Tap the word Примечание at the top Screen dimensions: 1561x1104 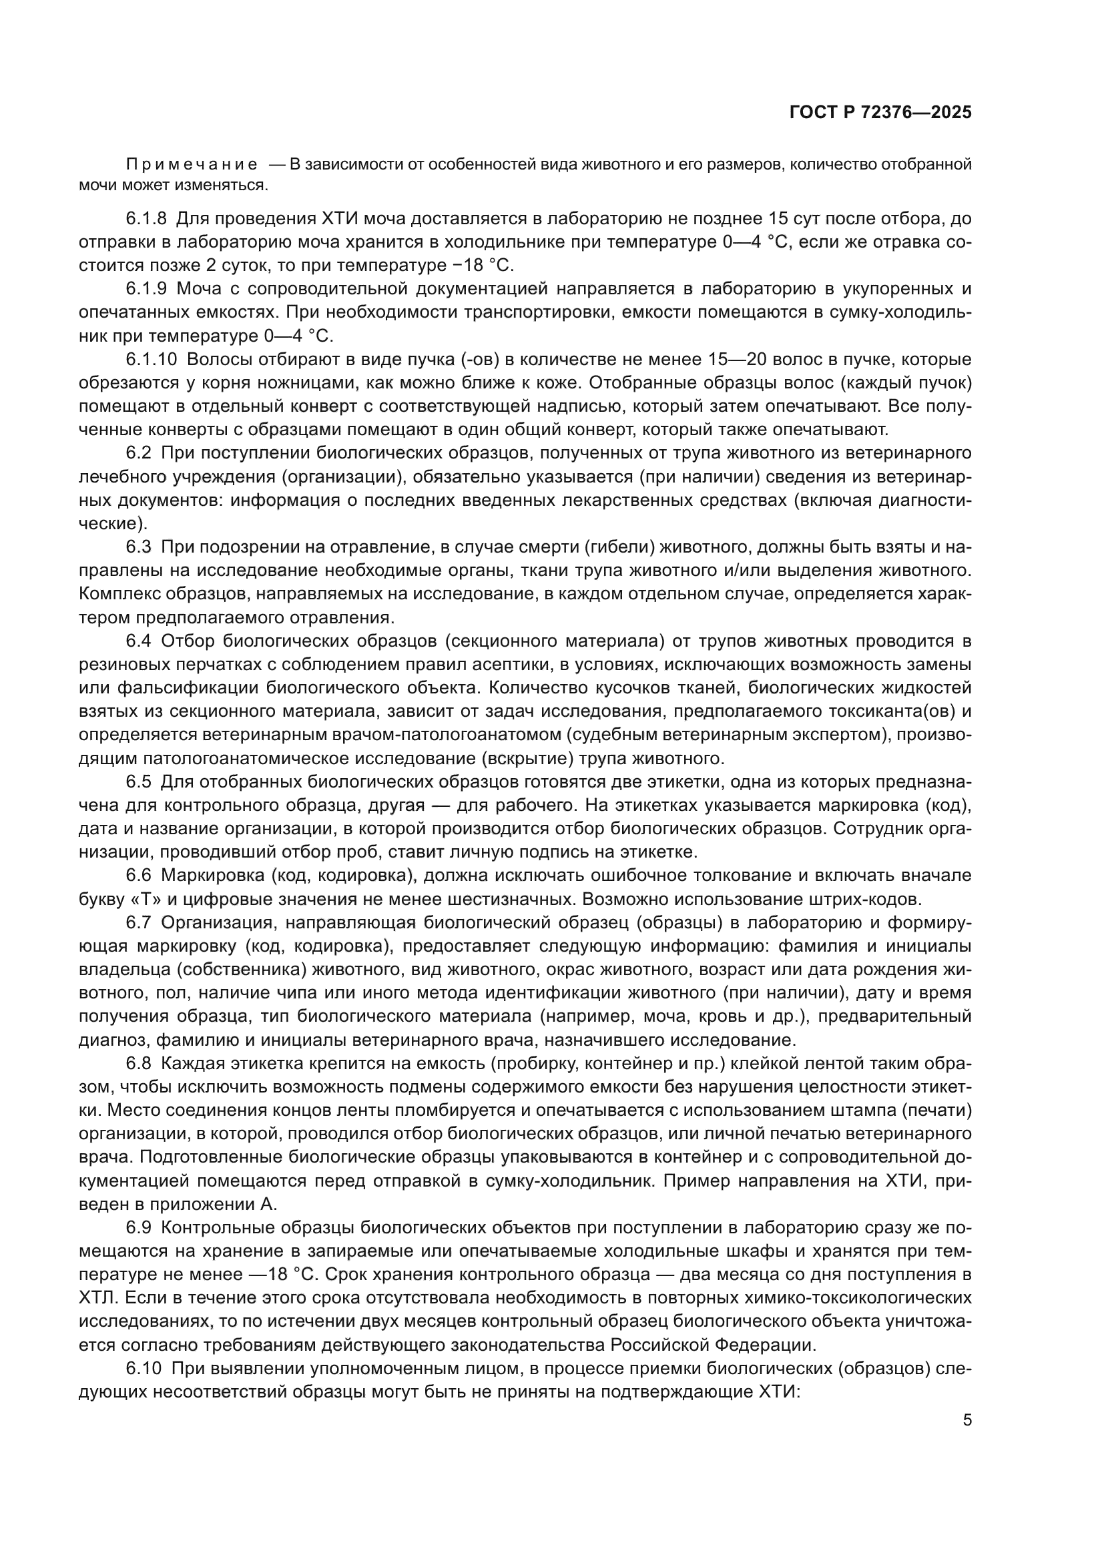pos(192,165)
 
